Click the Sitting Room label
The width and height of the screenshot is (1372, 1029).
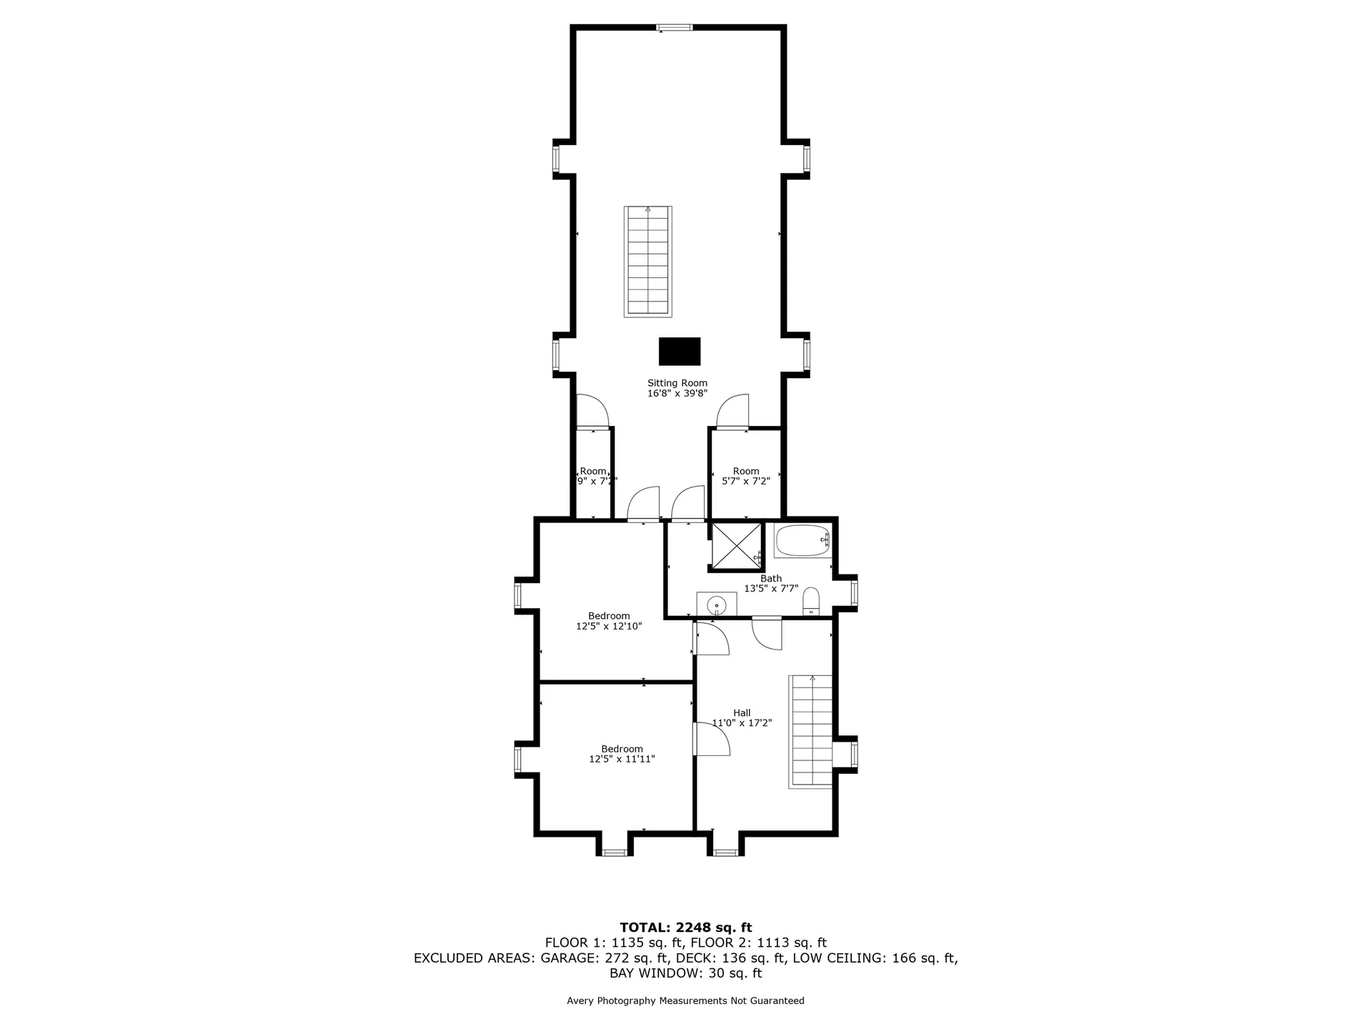(677, 388)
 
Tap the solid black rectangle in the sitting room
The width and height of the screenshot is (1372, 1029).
(680, 352)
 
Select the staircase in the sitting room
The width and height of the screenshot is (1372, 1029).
(648, 262)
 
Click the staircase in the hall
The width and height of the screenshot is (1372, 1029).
(811, 731)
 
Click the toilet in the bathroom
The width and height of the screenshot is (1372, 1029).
(811, 601)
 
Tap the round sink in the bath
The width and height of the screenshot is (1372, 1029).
(717, 605)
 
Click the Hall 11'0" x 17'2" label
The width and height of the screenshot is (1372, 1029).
(742, 717)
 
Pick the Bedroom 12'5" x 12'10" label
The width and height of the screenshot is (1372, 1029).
(609, 621)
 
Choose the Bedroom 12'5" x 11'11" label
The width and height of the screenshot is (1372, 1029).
(622, 754)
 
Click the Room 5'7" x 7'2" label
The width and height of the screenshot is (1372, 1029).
(745, 476)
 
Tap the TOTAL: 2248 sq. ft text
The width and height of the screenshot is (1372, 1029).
(685, 928)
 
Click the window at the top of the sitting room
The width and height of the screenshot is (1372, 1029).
(675, 28)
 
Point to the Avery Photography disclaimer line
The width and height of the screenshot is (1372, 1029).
(685, 1000)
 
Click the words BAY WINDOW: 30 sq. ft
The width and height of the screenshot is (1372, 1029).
(685, 973)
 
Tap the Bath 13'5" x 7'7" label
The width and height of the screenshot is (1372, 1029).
(771, 584)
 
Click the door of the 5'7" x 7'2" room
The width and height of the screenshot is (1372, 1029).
(733, 412)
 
